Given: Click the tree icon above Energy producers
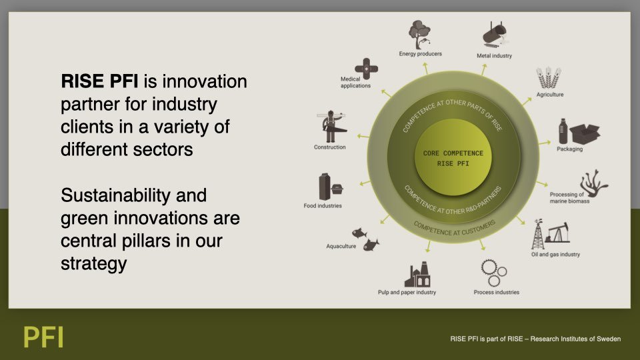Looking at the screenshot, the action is tap(419, 34).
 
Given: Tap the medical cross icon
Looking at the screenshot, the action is tap(366, 69).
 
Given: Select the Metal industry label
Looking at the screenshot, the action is tap(494, 56).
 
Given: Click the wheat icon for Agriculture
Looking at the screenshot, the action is tap(549, 78).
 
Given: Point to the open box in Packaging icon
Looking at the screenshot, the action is tap(585, 133).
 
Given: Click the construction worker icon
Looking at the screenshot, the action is tap(332, 126).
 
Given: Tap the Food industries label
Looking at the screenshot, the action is tap(323, 206).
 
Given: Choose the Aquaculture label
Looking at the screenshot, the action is tap(341, 246).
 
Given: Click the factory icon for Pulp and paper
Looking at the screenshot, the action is tap(417, 274).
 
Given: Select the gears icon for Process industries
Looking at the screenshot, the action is tap(493, 273).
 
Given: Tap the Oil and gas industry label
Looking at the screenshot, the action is tap(555, 254).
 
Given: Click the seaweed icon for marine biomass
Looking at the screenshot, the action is tap(594, 183).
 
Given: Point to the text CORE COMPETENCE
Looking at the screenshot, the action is tap(453, 153).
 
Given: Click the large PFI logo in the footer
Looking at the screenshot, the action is tap(43, 337).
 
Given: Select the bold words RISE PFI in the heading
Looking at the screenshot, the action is tap(99, 81).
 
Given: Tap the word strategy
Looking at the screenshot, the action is tap(94, 263).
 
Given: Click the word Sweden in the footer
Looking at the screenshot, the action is tap(609, 339).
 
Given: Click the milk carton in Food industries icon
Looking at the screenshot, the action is tap(324, 187).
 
